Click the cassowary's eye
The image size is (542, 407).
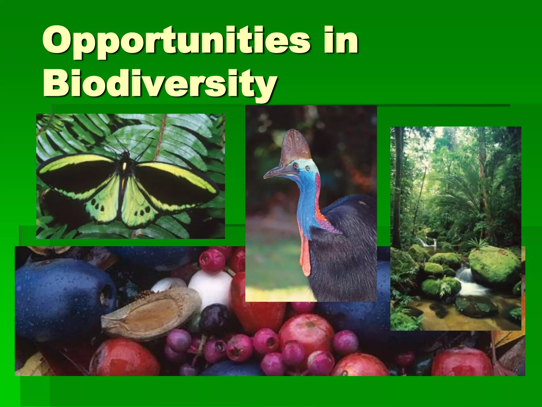coord(296,166)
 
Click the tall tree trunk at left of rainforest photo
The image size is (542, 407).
coord(396,185)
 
